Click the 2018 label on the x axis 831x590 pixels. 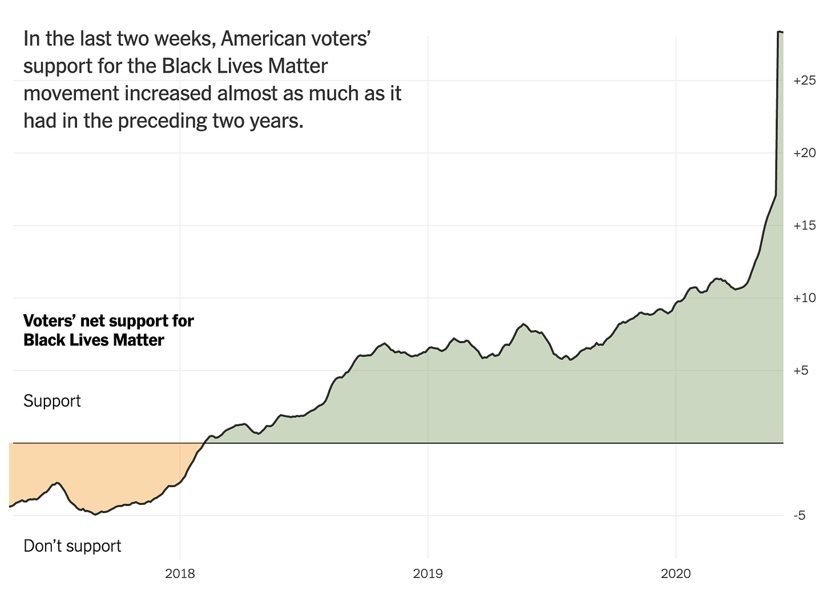pyautogui.click(x=179, y=573)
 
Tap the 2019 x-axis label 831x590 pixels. pyautogui.click(x=427, y=573)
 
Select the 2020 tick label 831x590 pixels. pyautogui.click(x=676, y=573)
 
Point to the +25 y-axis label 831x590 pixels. pyautogui.click(x=804, y=81)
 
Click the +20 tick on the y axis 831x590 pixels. pyautogui.click(x=804, y=153)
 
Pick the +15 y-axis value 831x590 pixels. pyautogui.click(x=804, y=226)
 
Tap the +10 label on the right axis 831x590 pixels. pyautogui.click(x=804, y=298)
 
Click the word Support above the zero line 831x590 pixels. pyautogui.click(x=52, y=401)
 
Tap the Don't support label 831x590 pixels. pyautogui.click(x=72, y=546)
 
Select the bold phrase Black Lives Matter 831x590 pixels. pyautogui.click(x=94, y=340)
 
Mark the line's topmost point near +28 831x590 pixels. pyautogui.click(x=780, y=32)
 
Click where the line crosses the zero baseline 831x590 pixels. pyautogui.click(x=204, y=443)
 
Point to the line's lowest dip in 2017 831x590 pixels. pyautogui.click(x=96, y=514)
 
